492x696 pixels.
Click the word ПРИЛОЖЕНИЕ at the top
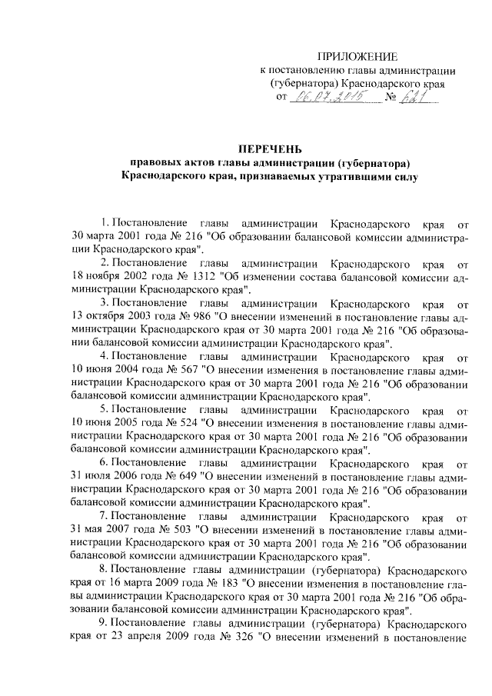[359, 58]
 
